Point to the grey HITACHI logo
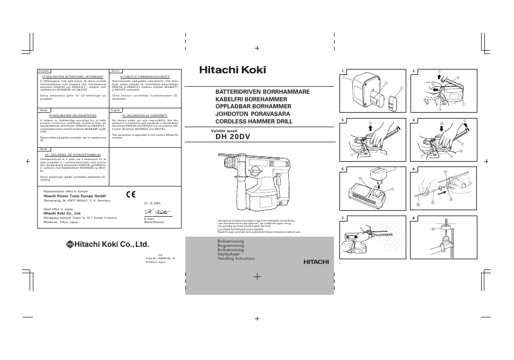click(x=315, y=262)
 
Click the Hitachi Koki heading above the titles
click(x=232, y=70)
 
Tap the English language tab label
click(x=115, y=110)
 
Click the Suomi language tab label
click(x=115, y=71)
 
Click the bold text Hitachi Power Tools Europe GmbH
click(x=74, y=196)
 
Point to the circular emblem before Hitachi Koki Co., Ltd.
click(x=70, y=244)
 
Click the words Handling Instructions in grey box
click(x=236, y=259)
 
